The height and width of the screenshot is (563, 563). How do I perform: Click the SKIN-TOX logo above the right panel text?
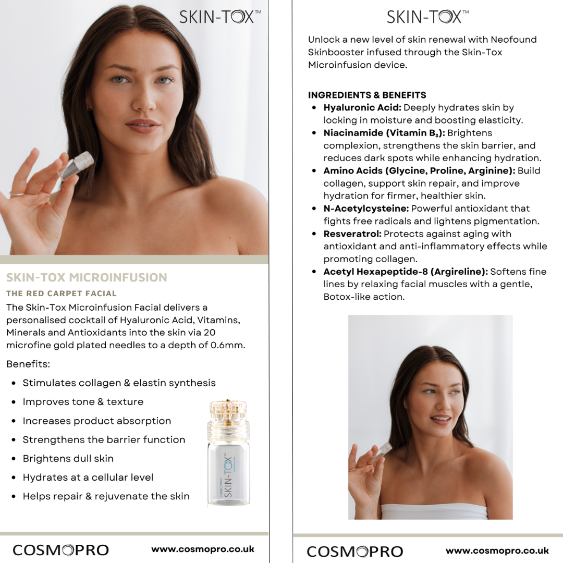[x=427, y=17]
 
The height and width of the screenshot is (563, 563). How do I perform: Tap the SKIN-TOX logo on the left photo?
[x=220, y=17]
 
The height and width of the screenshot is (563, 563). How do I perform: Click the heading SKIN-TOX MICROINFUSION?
[x=87, y=277]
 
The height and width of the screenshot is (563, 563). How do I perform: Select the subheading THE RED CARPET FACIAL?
[x=62, y=293]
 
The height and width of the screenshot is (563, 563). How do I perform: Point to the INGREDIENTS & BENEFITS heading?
[x=367, y=95]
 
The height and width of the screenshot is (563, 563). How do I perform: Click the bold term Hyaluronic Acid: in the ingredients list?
[x=362, y=108]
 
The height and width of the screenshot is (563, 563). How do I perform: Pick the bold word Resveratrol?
[x=352, y=234]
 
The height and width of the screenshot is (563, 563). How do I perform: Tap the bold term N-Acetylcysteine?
[x=366, y=209]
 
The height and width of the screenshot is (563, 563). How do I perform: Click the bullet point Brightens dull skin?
[x=68, y=459]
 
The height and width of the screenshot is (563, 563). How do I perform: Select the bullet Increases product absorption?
[x=96, y=421]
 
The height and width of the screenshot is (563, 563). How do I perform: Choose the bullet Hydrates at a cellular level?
[x=88, y=478]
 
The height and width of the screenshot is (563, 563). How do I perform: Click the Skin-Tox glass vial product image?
[x=228, y=452]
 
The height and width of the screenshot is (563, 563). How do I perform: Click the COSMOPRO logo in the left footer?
[x=60, y=550]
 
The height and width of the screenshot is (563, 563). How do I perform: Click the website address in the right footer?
[x=497, y=550]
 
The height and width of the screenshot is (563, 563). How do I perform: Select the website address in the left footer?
[x=203, y=549]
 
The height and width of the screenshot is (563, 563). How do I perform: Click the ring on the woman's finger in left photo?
[x=17, y=194]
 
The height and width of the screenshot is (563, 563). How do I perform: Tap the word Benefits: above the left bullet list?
[x=28, y=364]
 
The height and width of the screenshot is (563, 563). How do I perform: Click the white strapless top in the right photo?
[x=434, y=511]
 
